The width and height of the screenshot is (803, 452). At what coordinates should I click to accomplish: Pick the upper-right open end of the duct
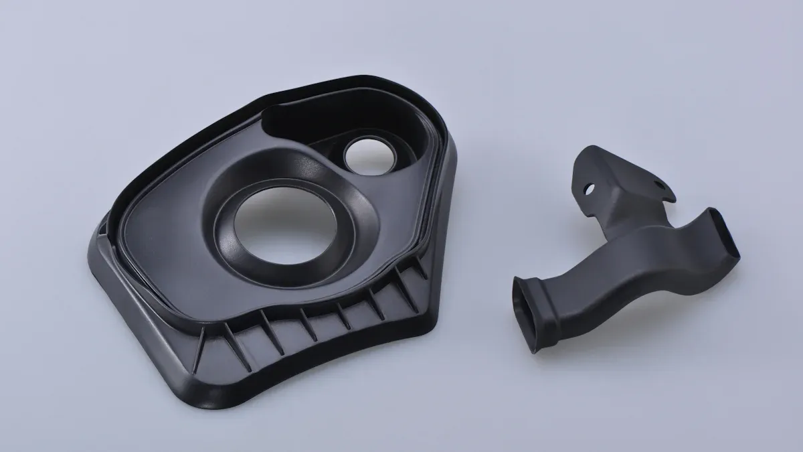pos(727,234)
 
